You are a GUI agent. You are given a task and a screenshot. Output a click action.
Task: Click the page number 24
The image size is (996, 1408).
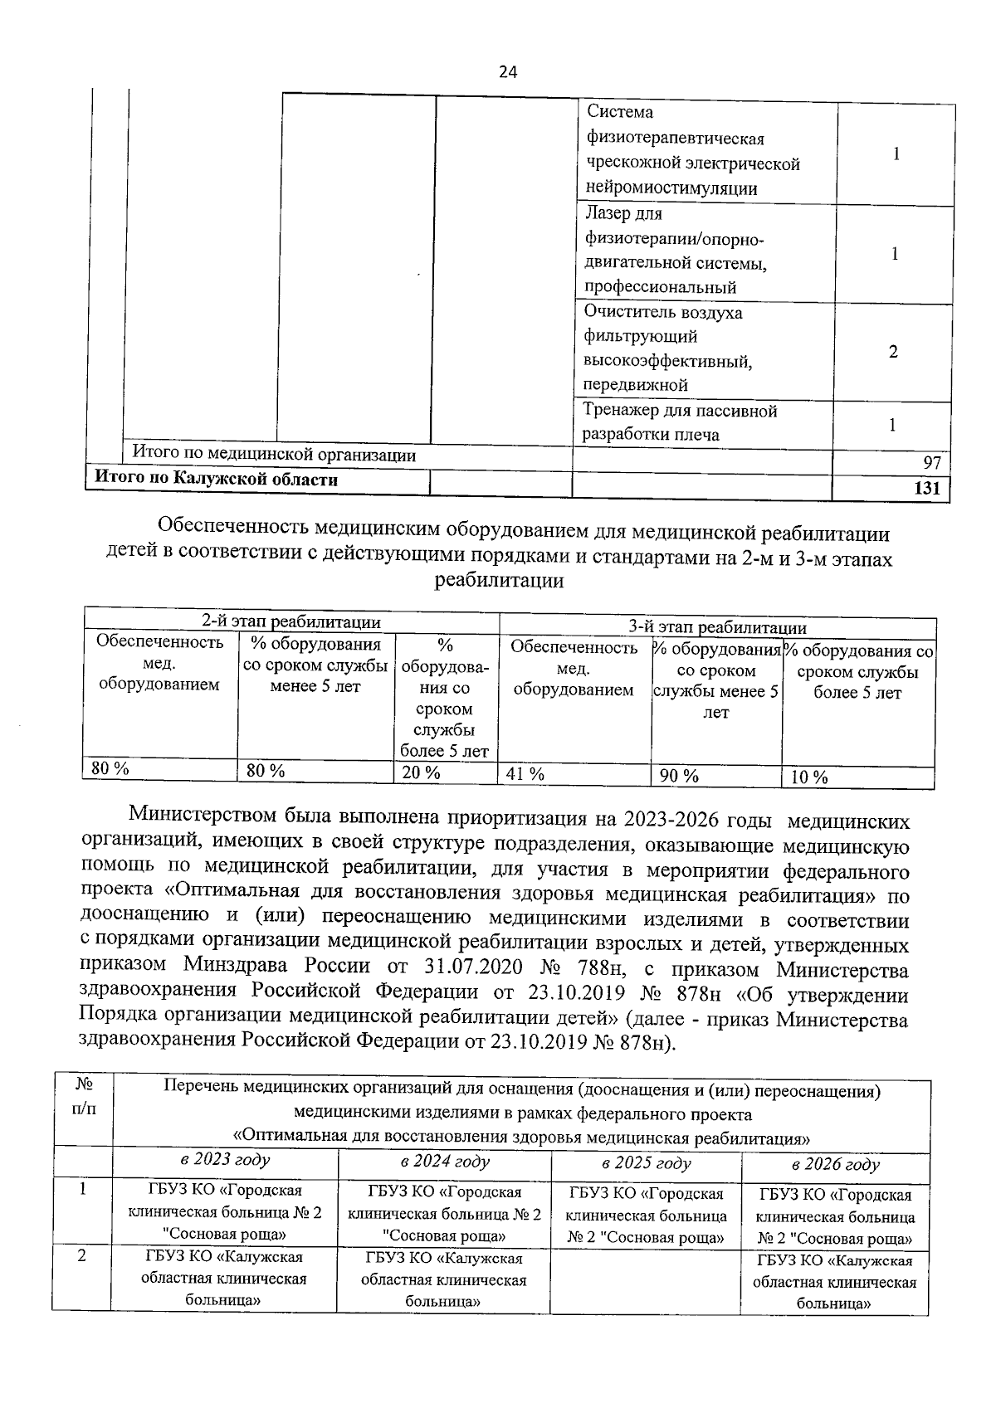pyautogui.click(x=508, y=72)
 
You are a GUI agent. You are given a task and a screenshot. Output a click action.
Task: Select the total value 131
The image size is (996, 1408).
pyautogui.click(x=926, y=489)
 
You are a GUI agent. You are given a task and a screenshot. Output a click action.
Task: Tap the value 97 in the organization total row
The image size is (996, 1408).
pyautogui.click(x=931, y=463)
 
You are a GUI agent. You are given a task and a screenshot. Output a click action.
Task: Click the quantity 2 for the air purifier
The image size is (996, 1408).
pyautogui.click(x=893, y=352)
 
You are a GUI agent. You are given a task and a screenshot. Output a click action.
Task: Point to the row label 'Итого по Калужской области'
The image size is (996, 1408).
pyautogui.click(x=217, y=479)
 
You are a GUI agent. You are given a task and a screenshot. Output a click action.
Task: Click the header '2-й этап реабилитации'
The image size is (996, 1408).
pyautogui.click(x=291, y=621)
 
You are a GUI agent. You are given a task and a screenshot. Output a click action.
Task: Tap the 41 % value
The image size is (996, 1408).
pyautogui.click(x=525, y=775)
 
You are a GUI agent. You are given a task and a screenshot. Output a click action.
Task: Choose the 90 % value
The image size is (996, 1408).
pyautogui.click(x=678, y=777)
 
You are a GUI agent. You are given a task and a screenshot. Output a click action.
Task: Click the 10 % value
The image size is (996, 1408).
pyautogui.click(x=808, y=777)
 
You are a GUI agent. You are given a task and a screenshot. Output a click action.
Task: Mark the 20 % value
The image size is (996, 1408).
pyautogui.click(x=421, y=772)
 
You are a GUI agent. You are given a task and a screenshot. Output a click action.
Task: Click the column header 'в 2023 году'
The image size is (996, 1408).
pyautogui.click(x=225, y=1160)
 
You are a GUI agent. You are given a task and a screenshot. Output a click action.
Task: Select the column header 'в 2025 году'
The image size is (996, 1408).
pyautogui.click(x=646, y=1163)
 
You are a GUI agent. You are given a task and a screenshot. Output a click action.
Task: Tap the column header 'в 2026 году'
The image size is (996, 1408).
pyautogui.click(x=835, y=1165)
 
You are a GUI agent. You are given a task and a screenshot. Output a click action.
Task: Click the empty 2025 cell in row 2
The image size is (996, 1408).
pyautogui.click(x=645, y=1282)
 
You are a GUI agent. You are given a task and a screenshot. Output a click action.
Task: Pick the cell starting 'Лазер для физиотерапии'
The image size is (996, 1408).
pyautogui.click(x=674, y=251)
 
